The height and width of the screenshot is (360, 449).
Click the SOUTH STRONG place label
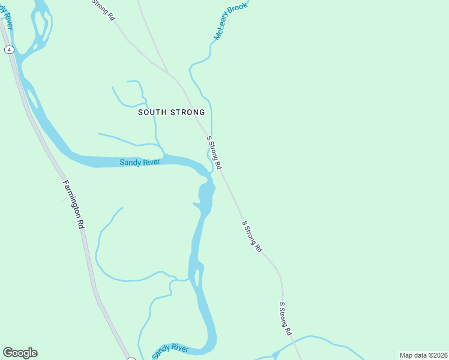[x=171, y=112]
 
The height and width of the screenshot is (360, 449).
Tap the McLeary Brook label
[x=231, y=21]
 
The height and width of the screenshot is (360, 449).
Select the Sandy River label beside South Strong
[x=139, y=162]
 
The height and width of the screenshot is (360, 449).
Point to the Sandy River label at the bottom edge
[x=170, y=352]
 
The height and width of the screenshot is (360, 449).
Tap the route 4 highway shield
[x=8, y=50]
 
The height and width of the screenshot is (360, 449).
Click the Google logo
[x=20, y=353]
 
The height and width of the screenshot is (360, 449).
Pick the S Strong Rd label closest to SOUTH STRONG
[x=214, y=152]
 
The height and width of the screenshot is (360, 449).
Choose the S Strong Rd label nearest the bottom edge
[x=285, y=319]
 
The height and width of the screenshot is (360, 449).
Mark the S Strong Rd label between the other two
[x=252, y=236]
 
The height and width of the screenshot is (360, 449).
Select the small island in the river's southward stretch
[x=196, y=277]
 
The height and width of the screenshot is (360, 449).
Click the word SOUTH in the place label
[x=152, y=112]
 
